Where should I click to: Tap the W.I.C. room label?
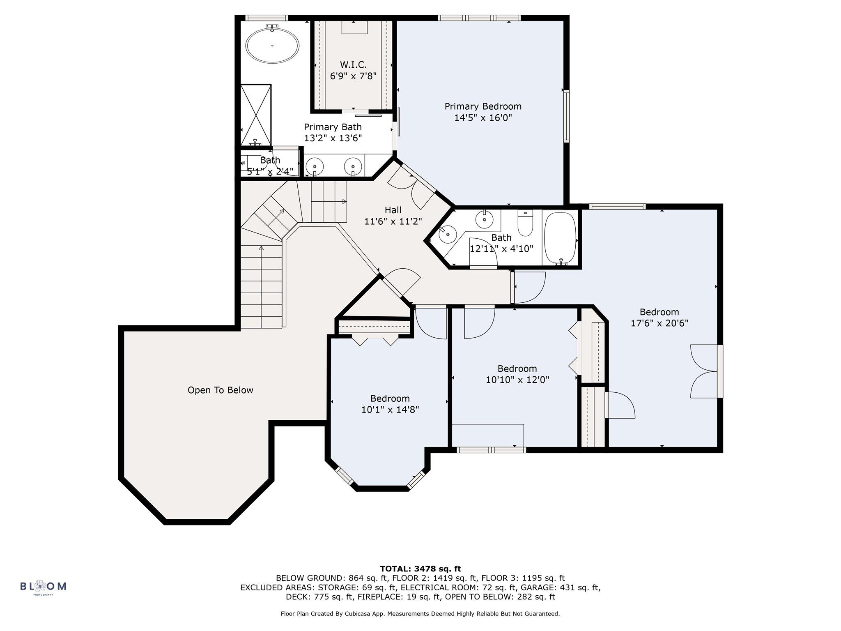coord(353,65)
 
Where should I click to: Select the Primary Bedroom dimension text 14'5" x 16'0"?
coord(483,118)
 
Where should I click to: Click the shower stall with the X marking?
coord(256,115)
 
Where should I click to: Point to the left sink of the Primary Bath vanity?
coord(315,166)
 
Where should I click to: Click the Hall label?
coord(393,210)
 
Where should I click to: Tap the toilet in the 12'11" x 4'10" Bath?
coord(525,223)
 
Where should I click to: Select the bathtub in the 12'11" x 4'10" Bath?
coord(561,238)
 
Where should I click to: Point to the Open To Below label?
coord(221,390)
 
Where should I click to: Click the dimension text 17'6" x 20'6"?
coord(659,323)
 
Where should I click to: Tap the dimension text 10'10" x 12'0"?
coord(517,380)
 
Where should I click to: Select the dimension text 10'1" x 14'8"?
coord(390,410)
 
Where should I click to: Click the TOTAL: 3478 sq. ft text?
coord(420,569)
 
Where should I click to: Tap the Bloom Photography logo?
coord(43,586)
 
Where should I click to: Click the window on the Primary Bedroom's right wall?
coord(567,116)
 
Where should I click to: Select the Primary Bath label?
coord(333,127)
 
